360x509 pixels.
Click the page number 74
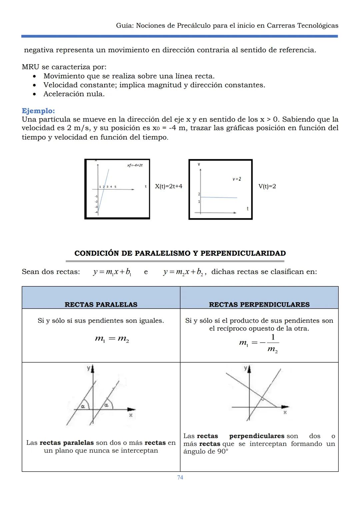[x=180, y=477]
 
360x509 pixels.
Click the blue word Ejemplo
[x=38, y=111]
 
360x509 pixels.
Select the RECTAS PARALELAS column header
[x=101, y=304]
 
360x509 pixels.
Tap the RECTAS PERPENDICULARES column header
[x=259, y=304]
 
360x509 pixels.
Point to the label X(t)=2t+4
[x=169, y=186]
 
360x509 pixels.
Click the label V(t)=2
[x=267, y=186]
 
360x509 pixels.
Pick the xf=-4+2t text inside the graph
[x=135, y=165]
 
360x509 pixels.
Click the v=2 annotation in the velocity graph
[x=237, y=179]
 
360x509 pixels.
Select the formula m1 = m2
[x=112, y=339]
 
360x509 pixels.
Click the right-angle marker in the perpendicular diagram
[x=263, y=399]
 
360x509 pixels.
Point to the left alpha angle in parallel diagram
[x=83, y=406]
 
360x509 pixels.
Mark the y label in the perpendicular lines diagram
[x=245, y=368]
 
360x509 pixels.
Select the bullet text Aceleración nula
[x=74, y=94]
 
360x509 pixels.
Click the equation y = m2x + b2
[x=183, y=272]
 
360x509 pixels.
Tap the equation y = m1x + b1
[x=112, y=272]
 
